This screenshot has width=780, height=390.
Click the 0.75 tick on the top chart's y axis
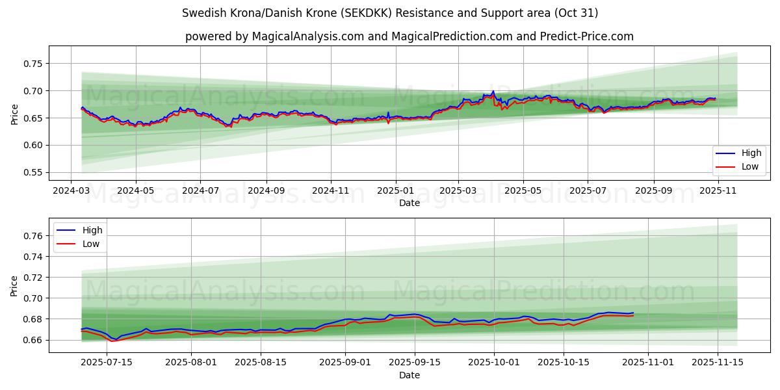(32, 64)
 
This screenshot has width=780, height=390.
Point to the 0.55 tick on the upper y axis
(32, 173)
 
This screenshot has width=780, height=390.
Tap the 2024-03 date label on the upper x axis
(71, 191)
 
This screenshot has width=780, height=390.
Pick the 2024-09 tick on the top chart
(266, 191)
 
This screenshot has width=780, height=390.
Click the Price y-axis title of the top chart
(14, 114)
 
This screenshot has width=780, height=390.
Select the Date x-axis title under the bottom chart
(409, 375)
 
